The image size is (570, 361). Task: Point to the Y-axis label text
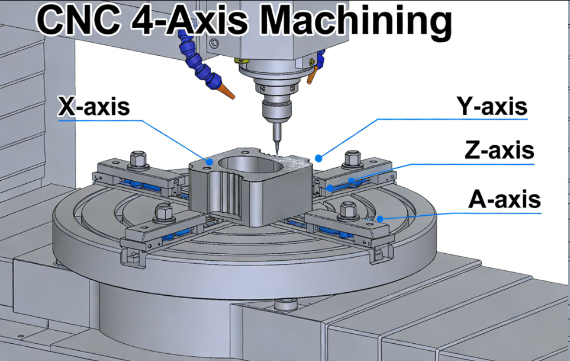click(491, 107)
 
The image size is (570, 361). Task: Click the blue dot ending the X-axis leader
click(209, 161)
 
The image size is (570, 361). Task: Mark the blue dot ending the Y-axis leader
click(318, 158)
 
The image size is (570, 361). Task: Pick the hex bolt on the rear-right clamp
click(353, 158)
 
